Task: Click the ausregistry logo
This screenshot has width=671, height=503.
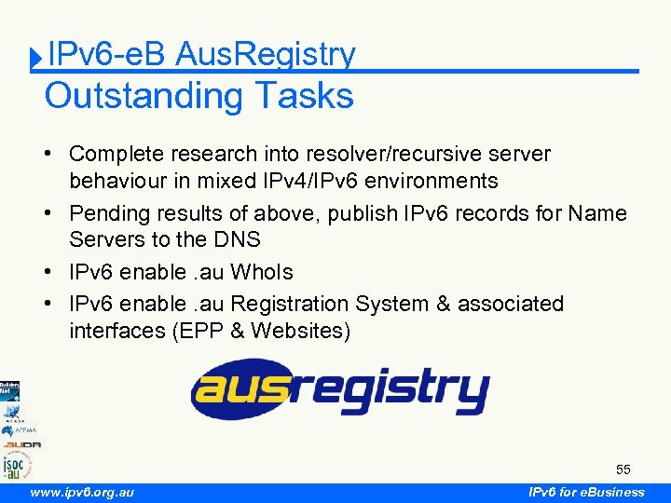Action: pyautogui.click(x=340, y=389)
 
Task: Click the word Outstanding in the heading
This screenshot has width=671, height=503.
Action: pyautogui.click(x=130, y=96)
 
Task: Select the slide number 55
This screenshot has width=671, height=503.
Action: pyautogui.click(x=623, y=468)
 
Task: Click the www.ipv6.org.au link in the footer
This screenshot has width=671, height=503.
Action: pyautogui.click(x=82, y=492)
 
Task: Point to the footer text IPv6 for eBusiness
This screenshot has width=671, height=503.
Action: pyautogui.click(x=586, y=492)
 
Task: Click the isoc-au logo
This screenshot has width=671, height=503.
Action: pyautogui.click(x=16, y=463)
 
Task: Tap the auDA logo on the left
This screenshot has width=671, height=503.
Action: pyautogui.click(x=21, y=444)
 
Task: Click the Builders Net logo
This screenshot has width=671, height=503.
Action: pyautogui.click(x=9, y=389)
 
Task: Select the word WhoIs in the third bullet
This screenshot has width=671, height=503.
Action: pyautogui.click(x=262, y=272)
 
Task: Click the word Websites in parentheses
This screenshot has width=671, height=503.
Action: pyautogui.click(x=300, y=331)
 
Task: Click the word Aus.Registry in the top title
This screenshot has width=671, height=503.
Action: pyautogui.click(x=265, y=55)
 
